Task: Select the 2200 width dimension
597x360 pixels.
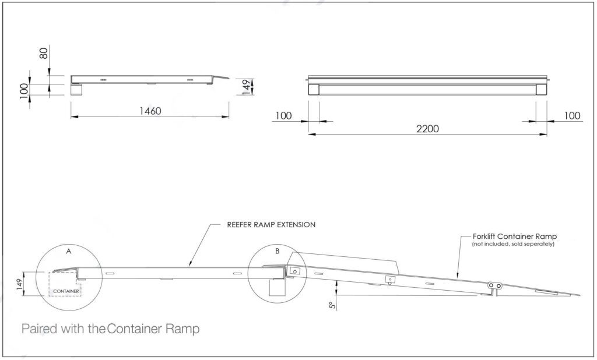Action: coord(427,128)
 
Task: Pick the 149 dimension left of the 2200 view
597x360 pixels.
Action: coord(247,87)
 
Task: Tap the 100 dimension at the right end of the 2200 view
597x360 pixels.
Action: coord(573,116)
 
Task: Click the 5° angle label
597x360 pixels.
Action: coord(332,305)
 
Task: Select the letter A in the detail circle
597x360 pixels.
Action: coord(68,252)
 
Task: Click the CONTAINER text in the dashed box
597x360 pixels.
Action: coord(65,291)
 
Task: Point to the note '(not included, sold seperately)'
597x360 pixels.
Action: coord(513,244)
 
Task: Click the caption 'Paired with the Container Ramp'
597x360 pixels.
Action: coord(110,329)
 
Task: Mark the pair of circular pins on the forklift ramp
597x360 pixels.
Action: coord(496,285)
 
